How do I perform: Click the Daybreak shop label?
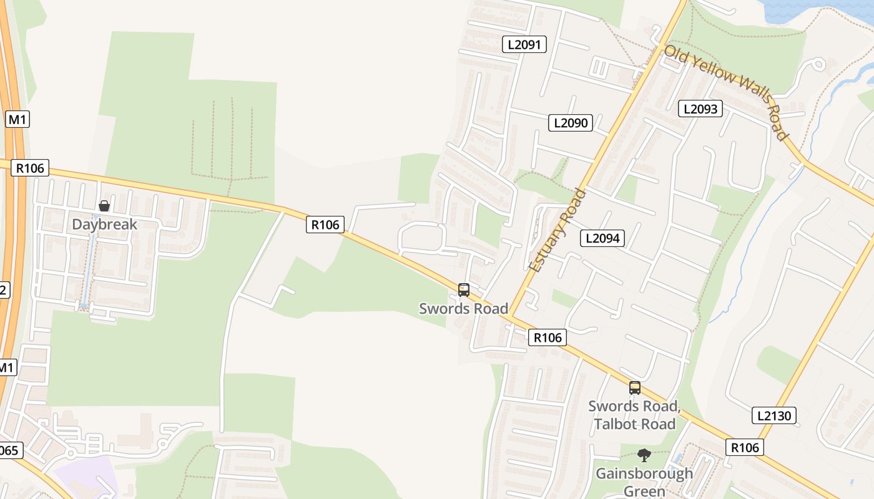[104, 225]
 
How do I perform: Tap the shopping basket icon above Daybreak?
[104, 206]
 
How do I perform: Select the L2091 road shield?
[524, 44]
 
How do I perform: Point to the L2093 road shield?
[700, 109]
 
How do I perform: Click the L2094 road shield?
[602, 238]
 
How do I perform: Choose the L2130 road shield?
[775, 416]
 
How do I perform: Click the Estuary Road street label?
[557, 231]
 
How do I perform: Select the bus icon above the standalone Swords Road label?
[463, 290]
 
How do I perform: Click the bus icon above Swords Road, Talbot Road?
[635, 388]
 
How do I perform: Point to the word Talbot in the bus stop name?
[615, 424]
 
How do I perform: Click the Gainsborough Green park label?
[644, 482]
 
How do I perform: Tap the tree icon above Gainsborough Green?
[644, 455]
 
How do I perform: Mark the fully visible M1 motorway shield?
[17, 120]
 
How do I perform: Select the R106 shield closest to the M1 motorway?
[30, 168]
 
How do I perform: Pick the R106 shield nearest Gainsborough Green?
[745, 447]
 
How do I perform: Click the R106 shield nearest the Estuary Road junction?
[547, 338]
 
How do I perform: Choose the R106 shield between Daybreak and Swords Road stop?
[325, 225]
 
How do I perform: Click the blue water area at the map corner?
[812, 9]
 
